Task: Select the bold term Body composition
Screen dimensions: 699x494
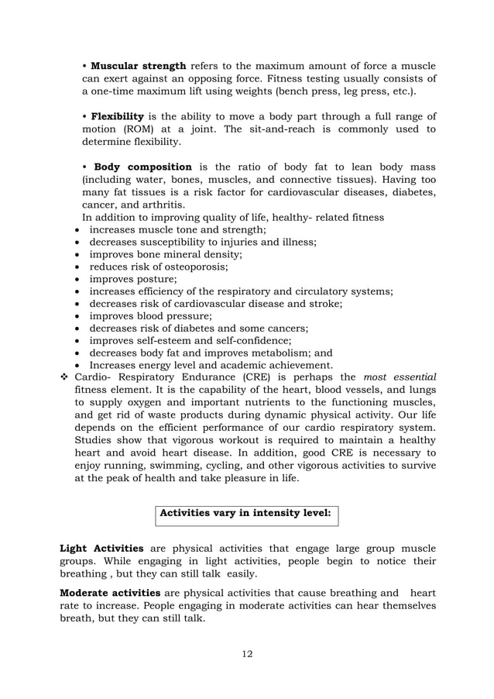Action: point(142,167)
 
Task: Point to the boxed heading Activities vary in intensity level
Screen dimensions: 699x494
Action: point(245,513)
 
